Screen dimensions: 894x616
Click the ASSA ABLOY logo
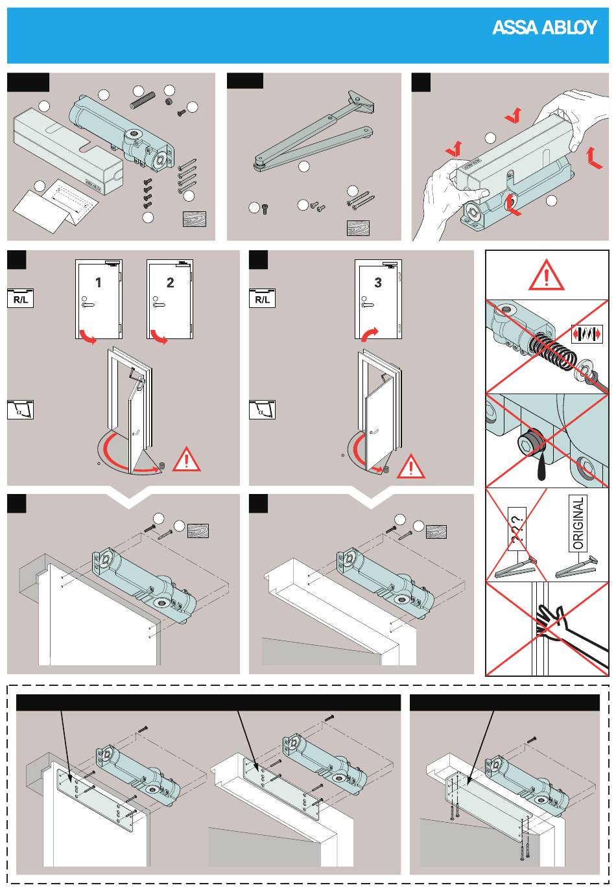pyautogui.click(x=544, y=27)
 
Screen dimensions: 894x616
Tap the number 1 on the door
pyautogui.click(x=99, y=283)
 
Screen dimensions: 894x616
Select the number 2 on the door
pyautogui.click(x=170, y=283)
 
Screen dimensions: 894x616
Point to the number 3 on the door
pyautogui.click(x=378, y=283)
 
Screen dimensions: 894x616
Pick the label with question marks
pyautogui.click(x=517, y=528)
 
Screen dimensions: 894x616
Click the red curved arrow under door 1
pyautogui.click(x=87, y=336)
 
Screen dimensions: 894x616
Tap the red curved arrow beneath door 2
pyautogui.click(x=159, y=336)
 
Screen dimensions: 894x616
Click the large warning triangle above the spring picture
pyautogui.click(x=546, y=276)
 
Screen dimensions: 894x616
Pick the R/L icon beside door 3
pyautogui.click(x=262, y=298)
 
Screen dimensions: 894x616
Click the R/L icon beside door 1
pyautogui.click(x=20, y=298)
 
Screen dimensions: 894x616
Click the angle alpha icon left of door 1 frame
pyautogui.click(x=20, y=410)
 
